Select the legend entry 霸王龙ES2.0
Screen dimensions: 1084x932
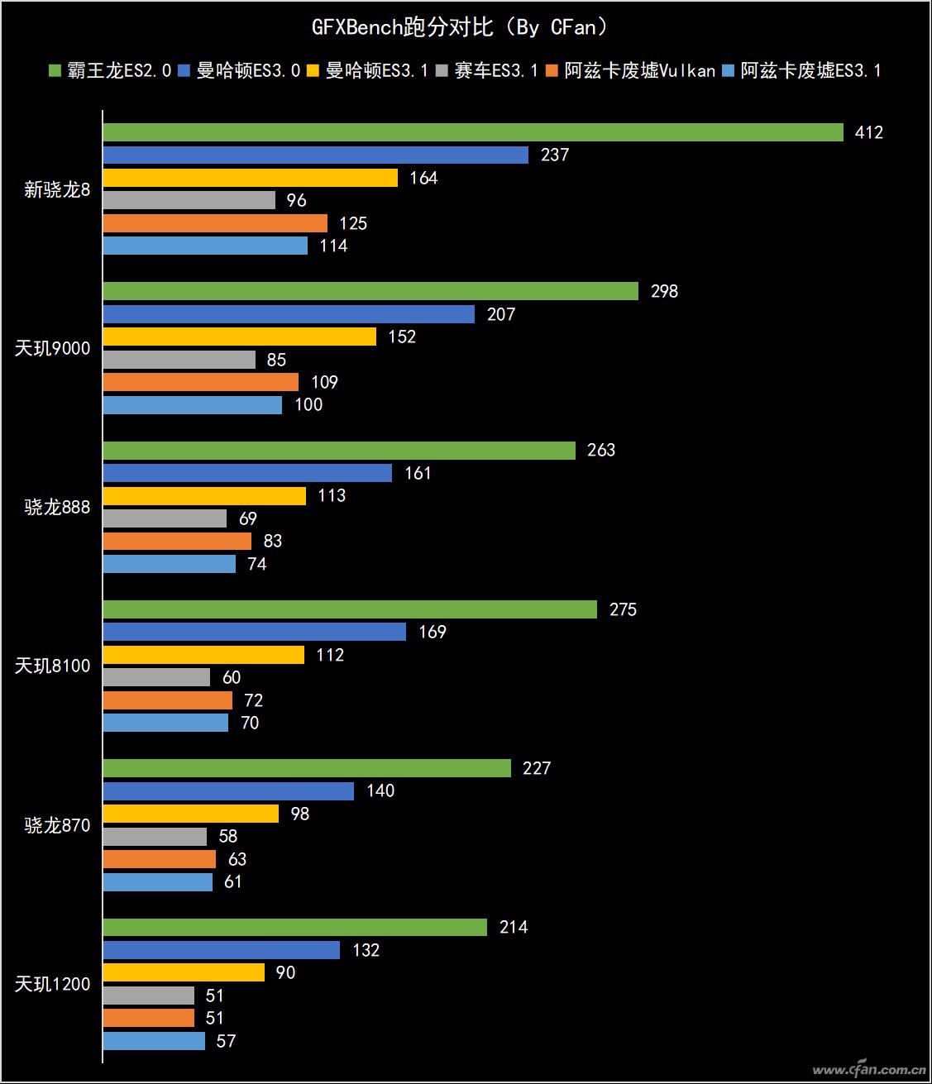coord(110,71)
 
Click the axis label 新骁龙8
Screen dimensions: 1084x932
coord(57,190)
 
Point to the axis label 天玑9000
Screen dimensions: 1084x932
coord(52,349)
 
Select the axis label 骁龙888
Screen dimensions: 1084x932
coord(57,508)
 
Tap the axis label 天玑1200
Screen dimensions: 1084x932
coord(52,984)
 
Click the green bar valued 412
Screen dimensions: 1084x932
coord(472,132)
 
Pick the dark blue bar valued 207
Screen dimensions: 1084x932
coord(289,314)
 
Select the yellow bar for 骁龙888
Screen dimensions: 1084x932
coord(204,496)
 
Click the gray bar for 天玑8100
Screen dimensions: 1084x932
coord(156,677)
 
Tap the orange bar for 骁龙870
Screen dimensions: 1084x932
coord(159,859)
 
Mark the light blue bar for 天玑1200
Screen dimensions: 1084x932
coord(154,1041)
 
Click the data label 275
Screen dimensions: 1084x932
coord(623,609)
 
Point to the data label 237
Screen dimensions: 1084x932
coord(554,155)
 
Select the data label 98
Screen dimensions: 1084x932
coord(299,814)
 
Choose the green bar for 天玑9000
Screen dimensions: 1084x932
coord(370,291)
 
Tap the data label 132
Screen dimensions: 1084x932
coord(366,950)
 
